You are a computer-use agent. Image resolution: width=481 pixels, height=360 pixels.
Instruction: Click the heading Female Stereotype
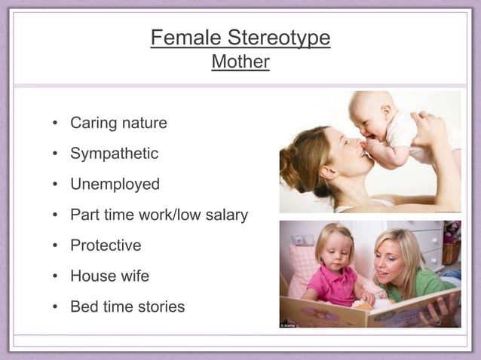click(240, 38)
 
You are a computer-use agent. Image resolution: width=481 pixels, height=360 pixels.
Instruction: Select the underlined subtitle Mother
click(240, 62)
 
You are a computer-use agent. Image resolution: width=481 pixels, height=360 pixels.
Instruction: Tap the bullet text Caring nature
click(118, 122)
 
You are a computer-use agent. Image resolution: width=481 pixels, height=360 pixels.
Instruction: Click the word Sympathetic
click(114, 153)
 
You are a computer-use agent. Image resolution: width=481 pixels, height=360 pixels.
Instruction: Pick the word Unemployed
click(115, 184)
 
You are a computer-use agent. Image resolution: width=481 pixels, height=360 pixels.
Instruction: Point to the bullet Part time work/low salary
click(158, 215)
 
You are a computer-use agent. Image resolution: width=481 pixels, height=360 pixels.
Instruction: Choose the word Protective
click(106, 246)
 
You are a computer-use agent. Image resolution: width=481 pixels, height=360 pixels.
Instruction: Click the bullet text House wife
click(109, 276)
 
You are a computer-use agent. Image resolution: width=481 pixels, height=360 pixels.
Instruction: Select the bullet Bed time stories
click(127, 307)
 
